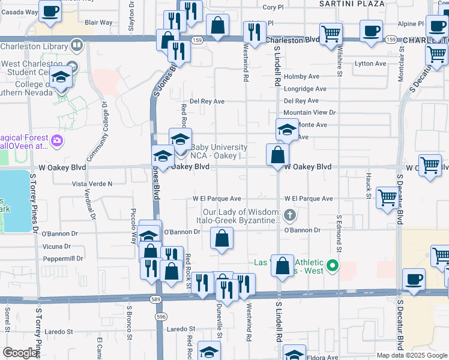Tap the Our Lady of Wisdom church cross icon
pos(290,215)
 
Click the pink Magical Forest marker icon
pos(57,141)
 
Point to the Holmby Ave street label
pos(301,76)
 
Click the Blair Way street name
pos(98,23)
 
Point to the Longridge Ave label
pos(305,88)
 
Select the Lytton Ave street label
pos(370,64)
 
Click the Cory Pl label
pos(273,8)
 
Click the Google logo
pos(20,353)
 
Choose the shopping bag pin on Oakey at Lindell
pos(277,155)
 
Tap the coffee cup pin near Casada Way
pos(49,11)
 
